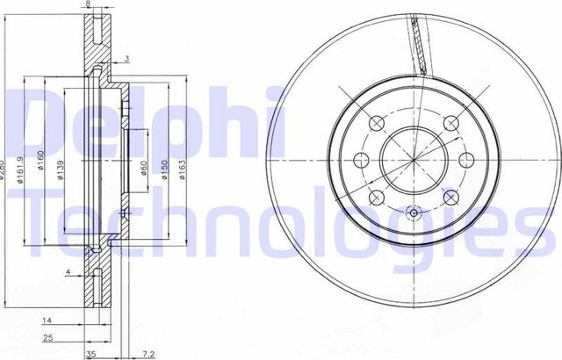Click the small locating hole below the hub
(x=413, y=212)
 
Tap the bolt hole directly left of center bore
(x=361, y=160)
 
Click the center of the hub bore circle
(x=413, y=160)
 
